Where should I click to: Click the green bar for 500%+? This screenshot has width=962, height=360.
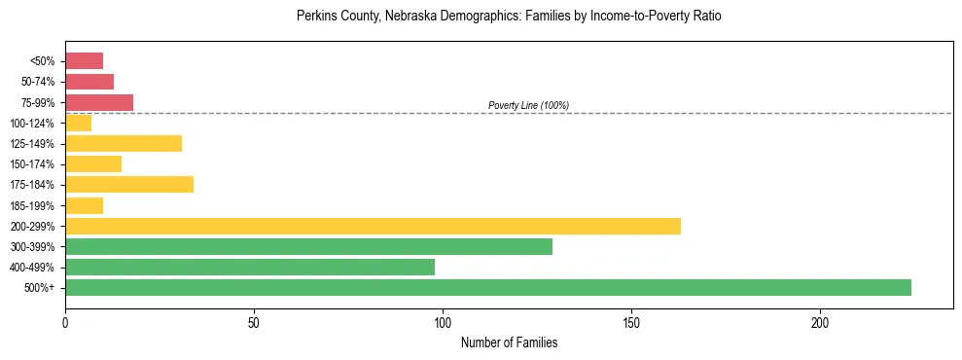pos(487,287)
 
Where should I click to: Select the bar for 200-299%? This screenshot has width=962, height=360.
pos(373,226)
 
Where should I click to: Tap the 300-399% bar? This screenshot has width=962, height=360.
pos(308,246)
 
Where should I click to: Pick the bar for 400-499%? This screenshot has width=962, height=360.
pos(250,267)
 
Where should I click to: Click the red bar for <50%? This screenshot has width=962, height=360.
pos(84,61)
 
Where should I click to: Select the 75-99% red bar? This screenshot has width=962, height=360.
pos(99,102)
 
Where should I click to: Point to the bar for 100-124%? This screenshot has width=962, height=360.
pos(78,123)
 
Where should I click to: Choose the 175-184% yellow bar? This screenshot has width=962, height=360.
pos(129,184)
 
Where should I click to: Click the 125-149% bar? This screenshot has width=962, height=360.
pos(124,144)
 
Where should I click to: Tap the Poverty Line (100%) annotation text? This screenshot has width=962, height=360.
pos(528,105)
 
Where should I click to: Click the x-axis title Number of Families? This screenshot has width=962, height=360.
pos(509,342)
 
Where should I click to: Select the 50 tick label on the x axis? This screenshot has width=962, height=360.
pos(254,322)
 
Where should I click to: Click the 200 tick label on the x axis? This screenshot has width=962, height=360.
pos(820,322)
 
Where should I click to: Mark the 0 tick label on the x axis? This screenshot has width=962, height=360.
pos(65,322)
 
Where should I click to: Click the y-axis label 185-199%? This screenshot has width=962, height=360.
pos(32,205)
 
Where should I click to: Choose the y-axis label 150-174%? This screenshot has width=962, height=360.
pos(32,164)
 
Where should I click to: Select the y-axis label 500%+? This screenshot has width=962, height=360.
pos(39,288)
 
